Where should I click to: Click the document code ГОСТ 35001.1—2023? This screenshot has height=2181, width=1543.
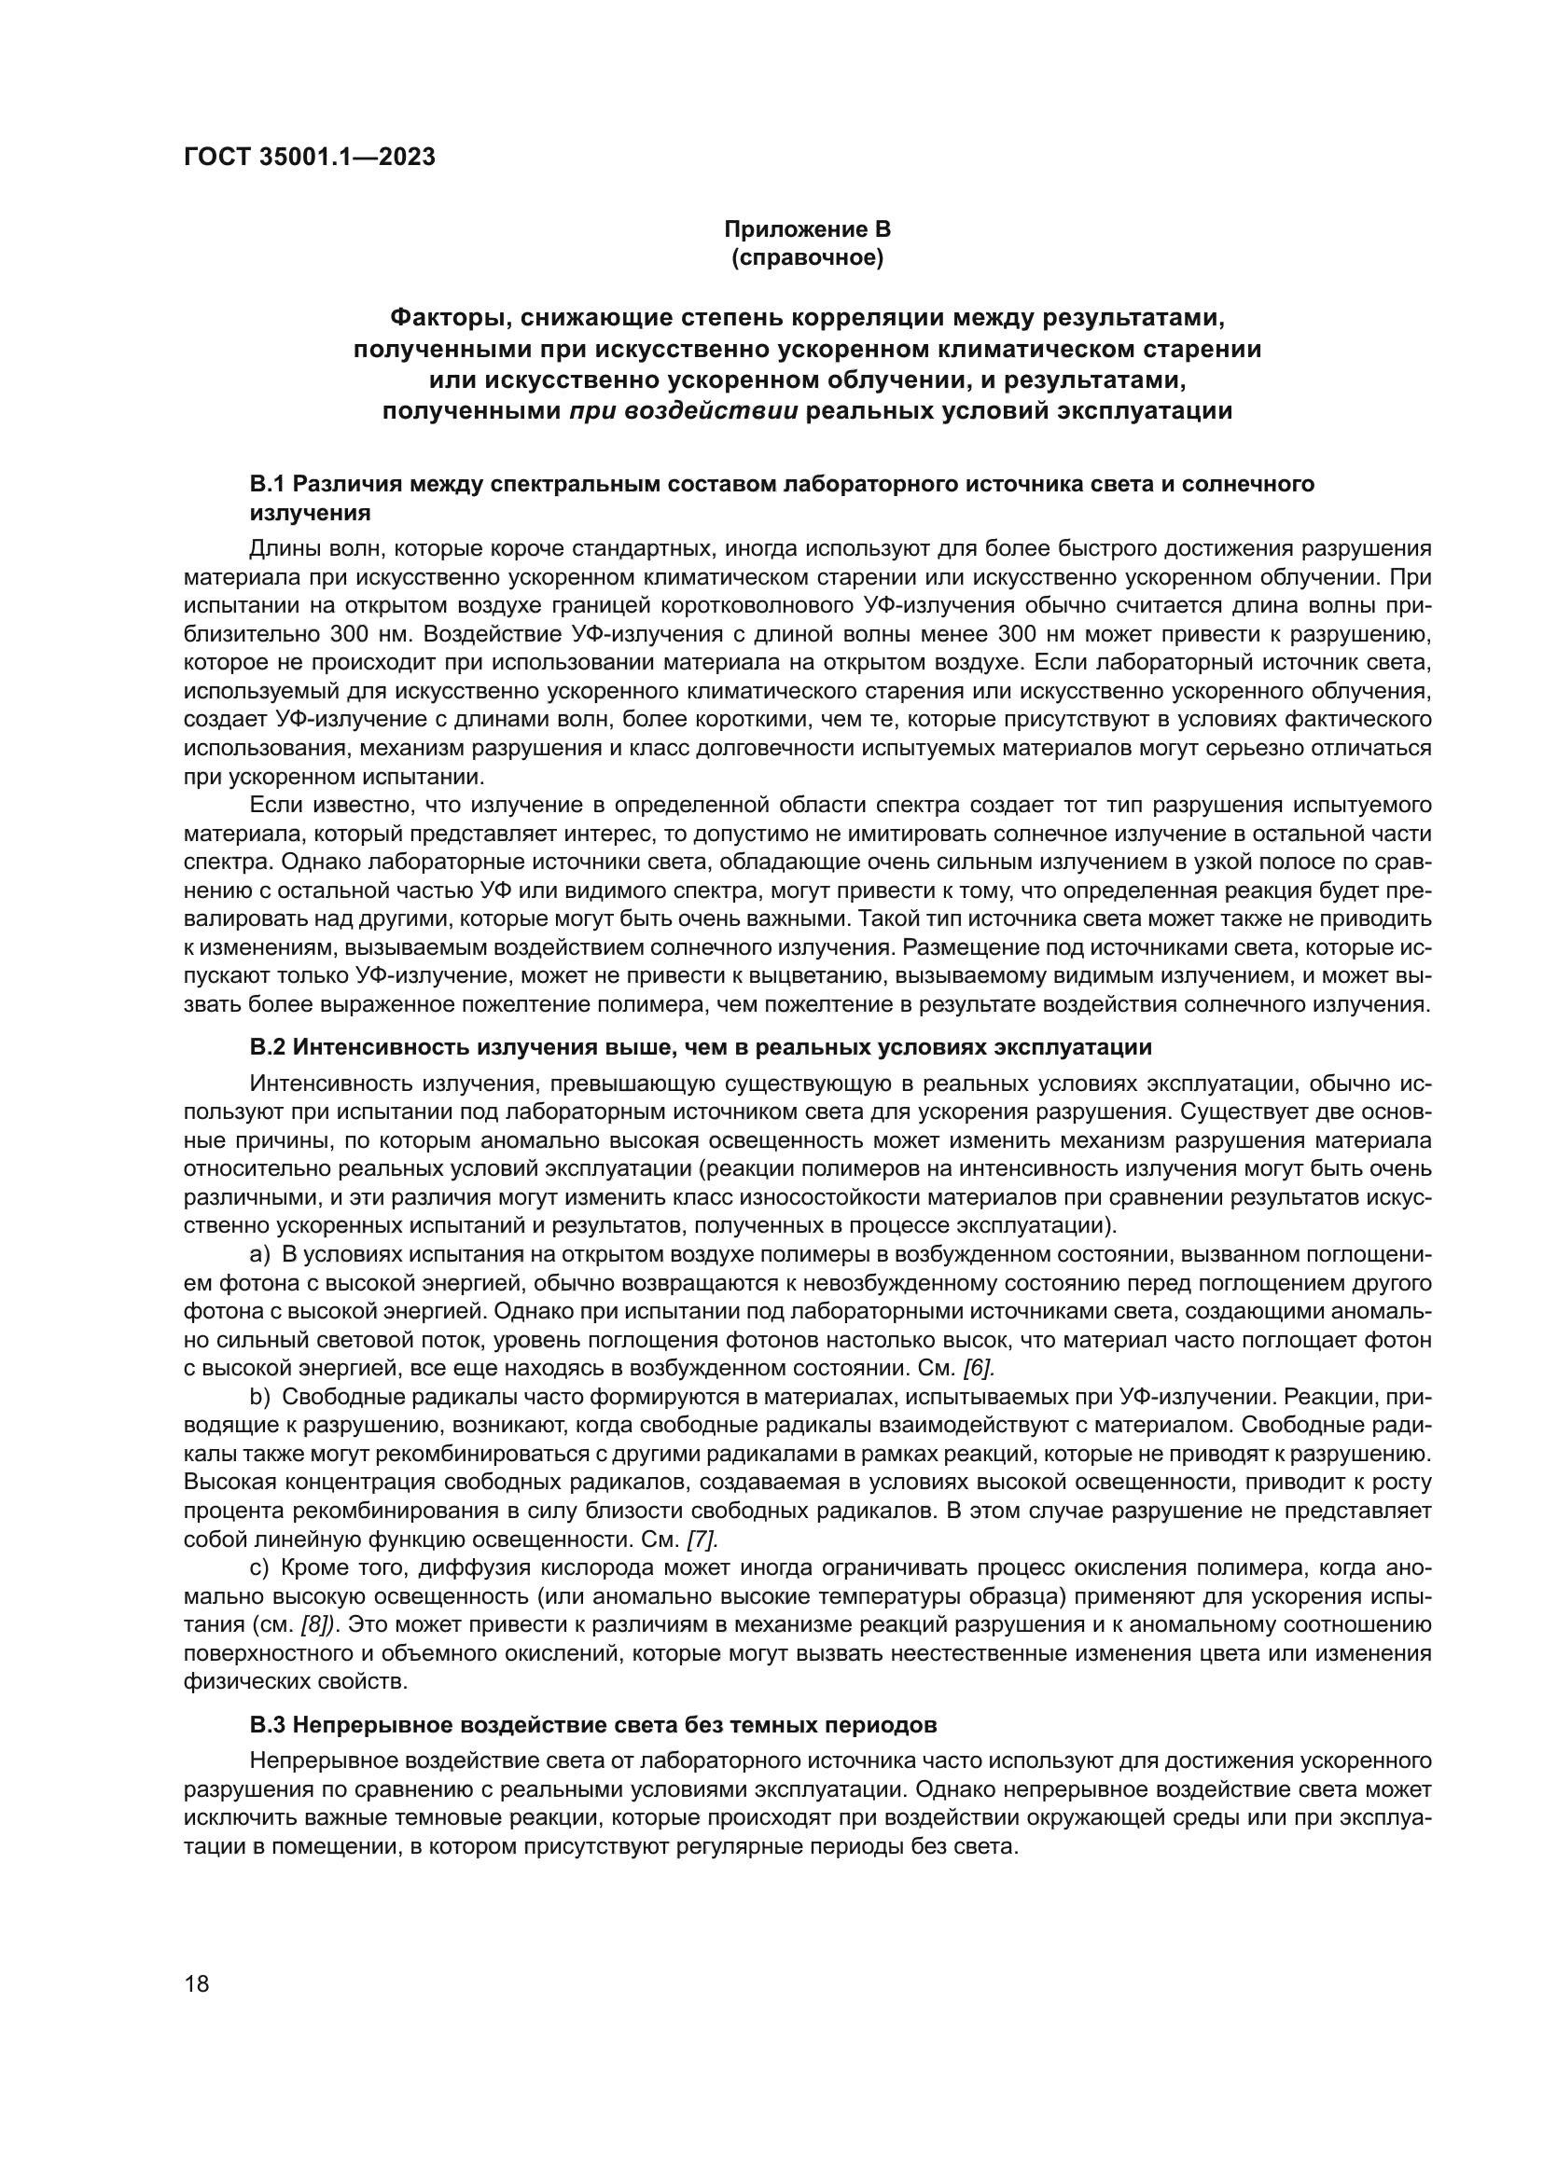tap(309, 157)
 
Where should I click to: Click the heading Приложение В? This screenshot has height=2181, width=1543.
tap(807, 229)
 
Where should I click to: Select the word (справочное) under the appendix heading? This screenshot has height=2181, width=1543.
tap(807, 258)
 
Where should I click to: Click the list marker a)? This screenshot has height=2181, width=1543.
tap(260, 1255)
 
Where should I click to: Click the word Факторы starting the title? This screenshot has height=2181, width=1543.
tap(452, 316)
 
